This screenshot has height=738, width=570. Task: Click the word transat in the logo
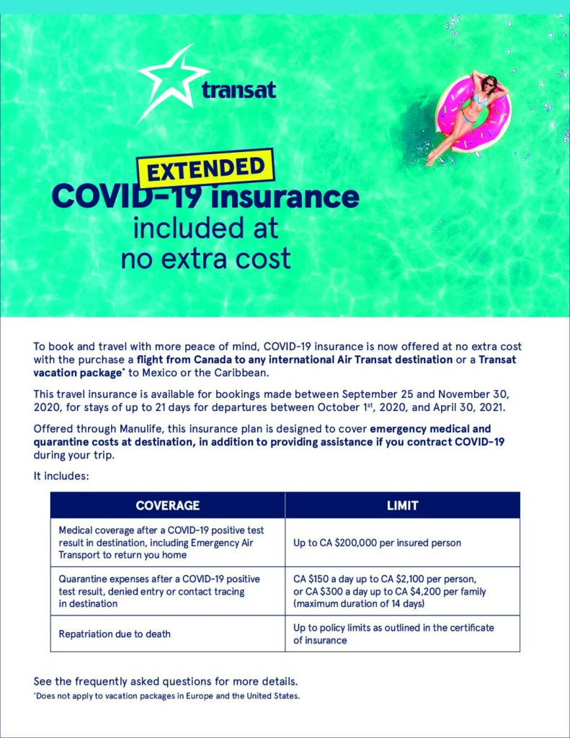pos(239,90)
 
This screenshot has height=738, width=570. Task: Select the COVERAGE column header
pos(168,505)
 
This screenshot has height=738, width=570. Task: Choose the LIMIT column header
pos(402,505)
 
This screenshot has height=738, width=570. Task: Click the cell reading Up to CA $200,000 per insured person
pos(377,542)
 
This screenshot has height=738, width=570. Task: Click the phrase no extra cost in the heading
pos(206,257)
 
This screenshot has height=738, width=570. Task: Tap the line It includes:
pos(61,476)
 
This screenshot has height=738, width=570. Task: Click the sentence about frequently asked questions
pos(165,681)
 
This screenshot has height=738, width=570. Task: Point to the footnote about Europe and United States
pos(166,696)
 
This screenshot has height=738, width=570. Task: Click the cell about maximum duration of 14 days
pos(359,603)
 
